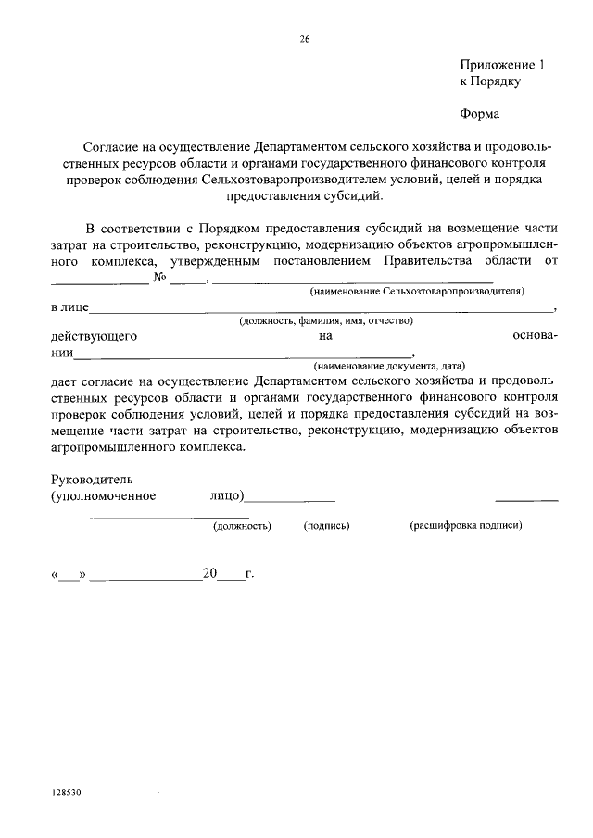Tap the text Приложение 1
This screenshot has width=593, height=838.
pos(498,65)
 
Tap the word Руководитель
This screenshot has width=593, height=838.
pos(92,480)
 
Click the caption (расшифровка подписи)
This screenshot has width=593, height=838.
pos(466,525)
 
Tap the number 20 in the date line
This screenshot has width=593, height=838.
pos(208,574)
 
